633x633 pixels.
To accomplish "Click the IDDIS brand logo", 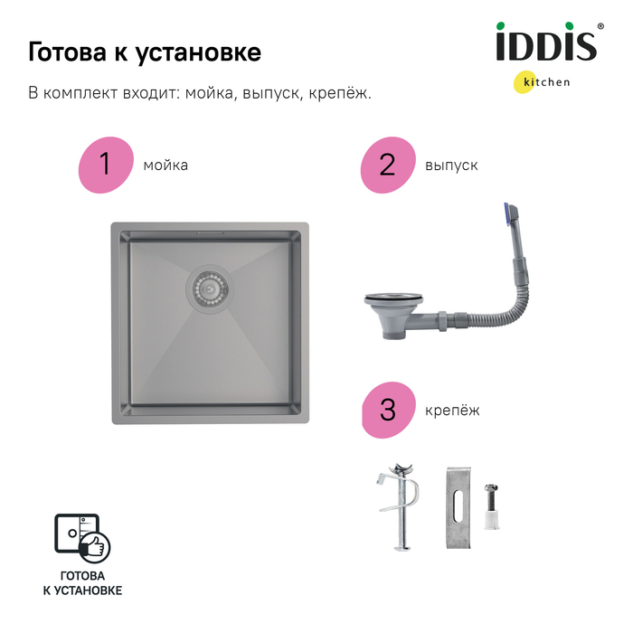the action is pyautogui.click(x=546, y=42).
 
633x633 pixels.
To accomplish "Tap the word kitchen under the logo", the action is pyautogui.click(x=546, y=82).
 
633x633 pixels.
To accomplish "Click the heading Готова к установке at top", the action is pyautogui.click(x=145, y=52).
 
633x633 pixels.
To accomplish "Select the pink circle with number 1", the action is pyautogui.click(x=106, y=165).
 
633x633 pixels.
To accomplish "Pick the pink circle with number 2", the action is pyautogui.click(x=388, y=165).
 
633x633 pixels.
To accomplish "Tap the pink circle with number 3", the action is pyautogui.click(x=388, y=410).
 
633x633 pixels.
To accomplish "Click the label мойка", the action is pyautogui.click(x=165, y=165).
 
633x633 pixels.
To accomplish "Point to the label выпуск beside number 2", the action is pyautogui.click(x=451, y=165).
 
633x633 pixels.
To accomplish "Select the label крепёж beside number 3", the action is pyautogui.click(x=452, y=411).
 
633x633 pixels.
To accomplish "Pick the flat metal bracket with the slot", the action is pyautogui.click(x=458, y=508).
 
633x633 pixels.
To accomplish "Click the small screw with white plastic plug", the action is pyautogui.click(x=491, y=507).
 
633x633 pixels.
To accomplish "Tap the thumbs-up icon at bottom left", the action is pyautogui.click(x=94, y=547).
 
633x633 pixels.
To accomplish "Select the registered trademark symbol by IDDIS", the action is pyautogui.click(x=600, y=26).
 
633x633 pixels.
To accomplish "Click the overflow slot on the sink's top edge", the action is pyautogui.click(x=210, y=233).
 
